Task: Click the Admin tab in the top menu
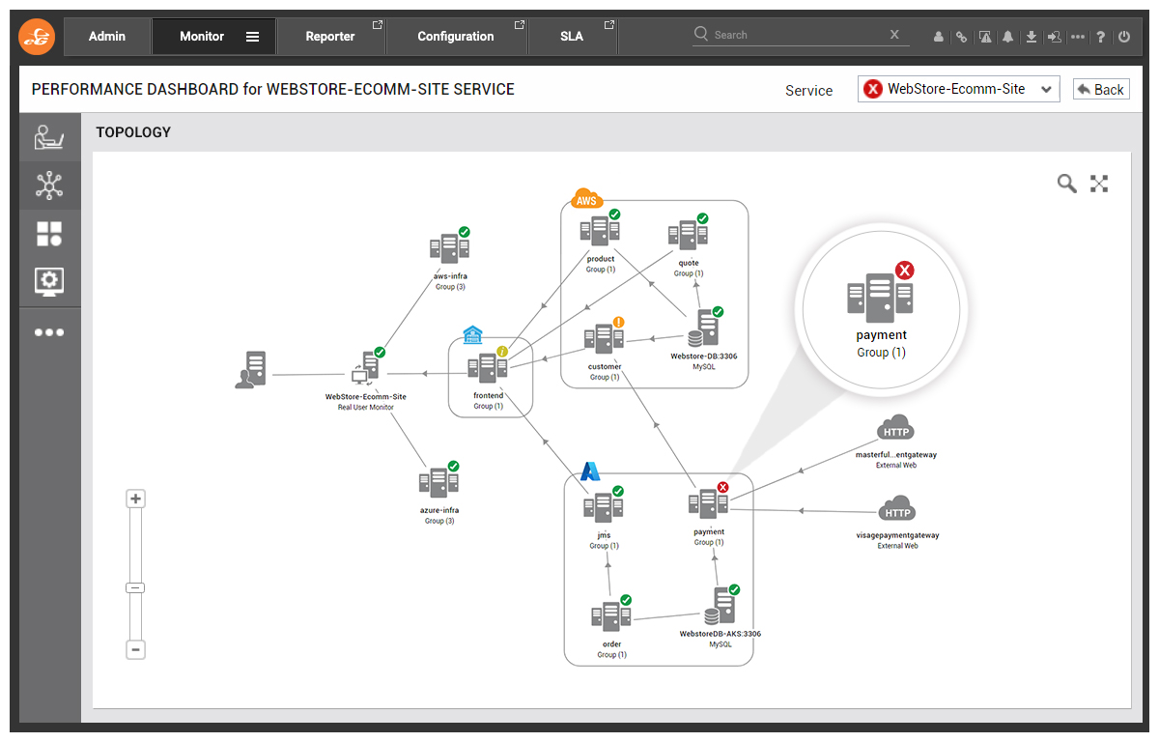click(x=107, y=36)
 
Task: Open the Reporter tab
click(x=331, y=36)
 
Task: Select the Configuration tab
click(x=456, y=36)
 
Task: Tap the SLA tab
click(x=572, y=36)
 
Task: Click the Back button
click(x=1100, y=89)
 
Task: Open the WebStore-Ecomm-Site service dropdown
click(x=958, y=89)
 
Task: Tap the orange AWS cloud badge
click(x=587, y=198)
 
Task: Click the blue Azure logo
click(x=590, y=471)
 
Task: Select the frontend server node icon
click(x=488, y=367)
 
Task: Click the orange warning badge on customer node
click(x=618, y=323)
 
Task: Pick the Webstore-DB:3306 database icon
click(x=703, y=329)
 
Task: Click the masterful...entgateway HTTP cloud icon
click(x=895, y=428)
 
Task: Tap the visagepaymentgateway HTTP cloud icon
click(x=896, y=508)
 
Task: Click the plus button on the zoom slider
click(x=135, y=499)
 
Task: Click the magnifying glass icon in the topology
click(x=1066, y=184)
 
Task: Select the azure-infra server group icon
click(x=438, y=481)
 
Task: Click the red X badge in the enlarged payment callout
click(x=904, y=271)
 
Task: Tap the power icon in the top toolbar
click(x=1124, y=37)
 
